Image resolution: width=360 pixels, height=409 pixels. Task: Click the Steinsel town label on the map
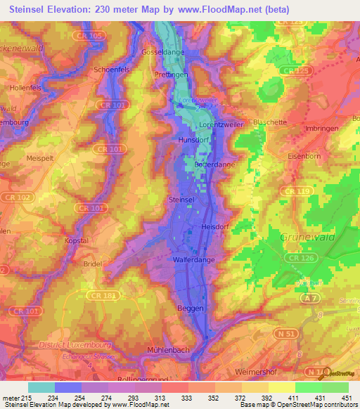[181, 200]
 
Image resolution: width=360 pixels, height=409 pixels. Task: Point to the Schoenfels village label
[112, 70]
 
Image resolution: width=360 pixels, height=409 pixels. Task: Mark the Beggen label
[189, 308]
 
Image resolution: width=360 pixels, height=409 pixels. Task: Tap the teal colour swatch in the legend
[41, 387]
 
